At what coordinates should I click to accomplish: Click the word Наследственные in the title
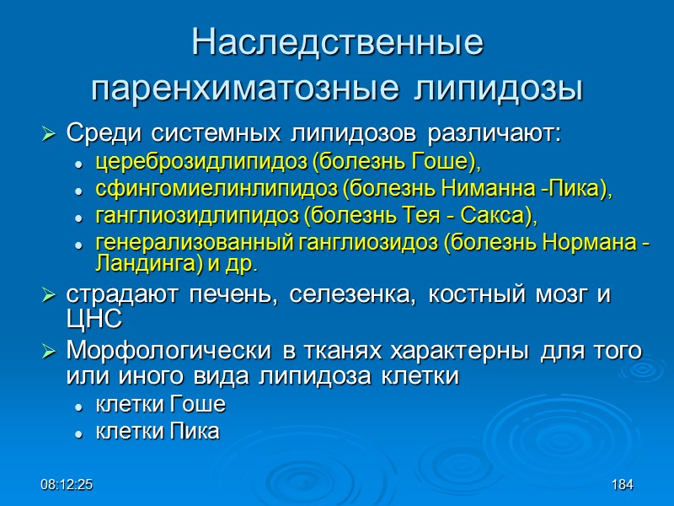337,43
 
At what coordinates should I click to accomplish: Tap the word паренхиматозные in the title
233,87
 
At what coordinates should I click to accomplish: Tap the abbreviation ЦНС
94,319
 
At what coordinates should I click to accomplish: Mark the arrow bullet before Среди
49,134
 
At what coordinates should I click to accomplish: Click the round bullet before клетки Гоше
78,406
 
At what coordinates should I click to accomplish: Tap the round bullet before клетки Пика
78,433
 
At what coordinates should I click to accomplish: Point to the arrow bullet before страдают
49,298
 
